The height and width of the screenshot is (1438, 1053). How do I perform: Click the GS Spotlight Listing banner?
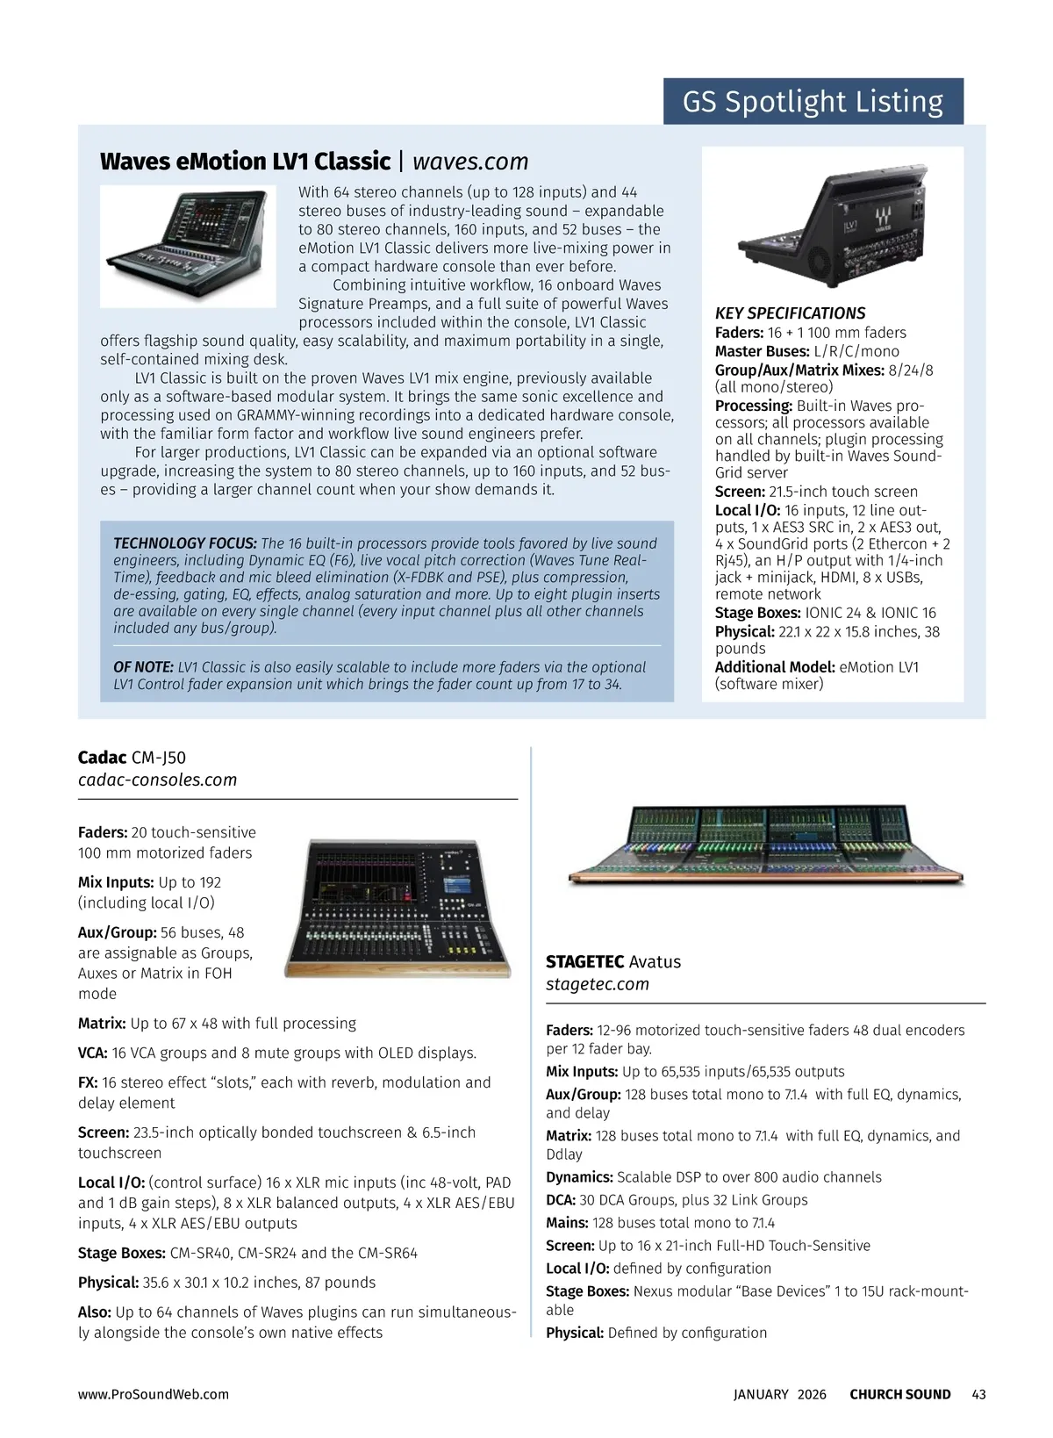[x=813, y=102]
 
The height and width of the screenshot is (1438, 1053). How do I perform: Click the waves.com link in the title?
[x=470, y=162]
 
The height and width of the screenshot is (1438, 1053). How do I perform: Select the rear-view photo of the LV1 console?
[x=831, y=223]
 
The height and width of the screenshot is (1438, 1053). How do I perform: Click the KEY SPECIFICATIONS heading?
[x=790, y=313]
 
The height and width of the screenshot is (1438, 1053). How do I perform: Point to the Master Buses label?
[x=762, y=351]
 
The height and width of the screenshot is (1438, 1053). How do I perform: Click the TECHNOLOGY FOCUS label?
[x=185, y=543]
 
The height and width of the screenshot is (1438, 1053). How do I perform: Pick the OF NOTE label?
[x=144, y=667]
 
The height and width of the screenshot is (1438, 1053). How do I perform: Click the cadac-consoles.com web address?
[x=157, y=780]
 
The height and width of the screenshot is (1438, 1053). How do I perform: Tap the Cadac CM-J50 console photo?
[x=398, y=908]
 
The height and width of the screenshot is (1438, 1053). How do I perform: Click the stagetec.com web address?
[x=598, y=984]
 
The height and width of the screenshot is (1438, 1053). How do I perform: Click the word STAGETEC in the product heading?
[x=584, y=962]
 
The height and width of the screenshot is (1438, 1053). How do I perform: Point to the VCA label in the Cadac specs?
[x=93, y=1053]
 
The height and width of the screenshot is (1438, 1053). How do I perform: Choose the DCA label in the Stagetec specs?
[x=561, y=1200]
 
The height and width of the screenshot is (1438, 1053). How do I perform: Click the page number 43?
[x=978, y=1394]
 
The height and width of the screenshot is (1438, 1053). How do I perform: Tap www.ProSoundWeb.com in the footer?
[x=154, y=1394]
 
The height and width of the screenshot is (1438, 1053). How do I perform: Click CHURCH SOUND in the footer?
[x=899, y=1394]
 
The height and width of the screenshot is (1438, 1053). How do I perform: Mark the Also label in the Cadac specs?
[x=94, y=1312]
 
